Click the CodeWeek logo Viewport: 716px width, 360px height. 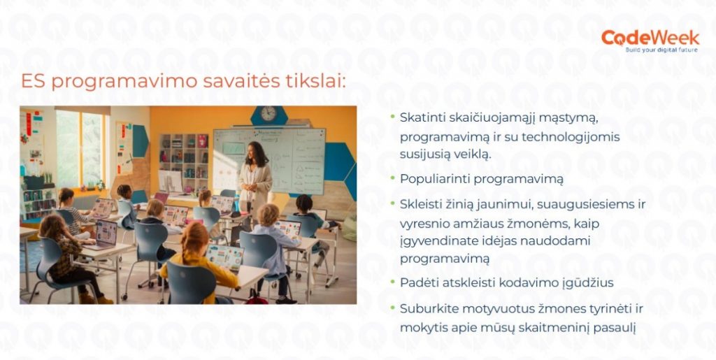point(650,41)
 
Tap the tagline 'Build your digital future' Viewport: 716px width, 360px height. point(661,49)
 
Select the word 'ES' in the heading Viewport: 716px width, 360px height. point(34,82)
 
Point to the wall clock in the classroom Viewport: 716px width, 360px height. point(268,114)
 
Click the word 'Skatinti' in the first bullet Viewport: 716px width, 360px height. point(420,117)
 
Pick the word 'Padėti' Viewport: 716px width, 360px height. point(415,282)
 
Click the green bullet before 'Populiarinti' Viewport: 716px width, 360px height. point(392,178)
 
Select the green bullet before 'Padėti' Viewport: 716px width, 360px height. point(392,282)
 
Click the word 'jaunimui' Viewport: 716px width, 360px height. point(510,204)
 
